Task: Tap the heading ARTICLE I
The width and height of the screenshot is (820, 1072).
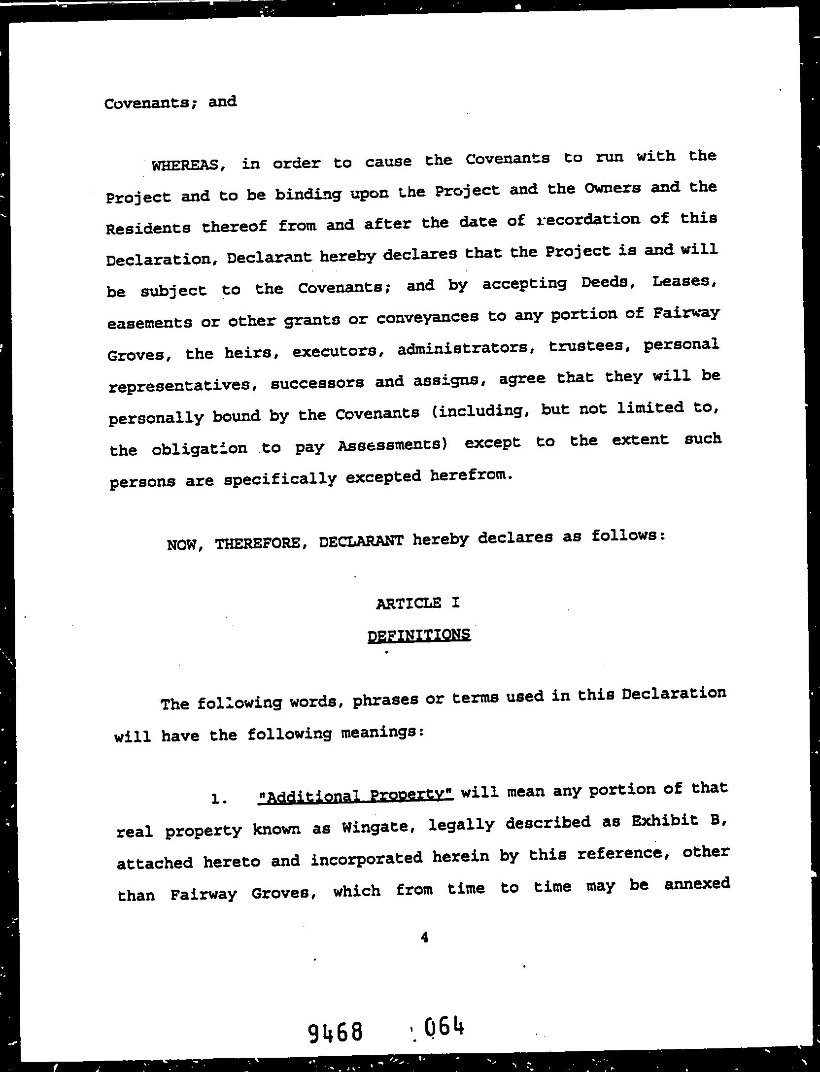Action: click(418, 603)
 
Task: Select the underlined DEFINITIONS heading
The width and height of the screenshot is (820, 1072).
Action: click(419, 635)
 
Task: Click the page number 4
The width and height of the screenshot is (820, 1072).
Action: click(424, 938)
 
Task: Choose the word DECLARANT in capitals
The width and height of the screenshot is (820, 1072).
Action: click(361, 541)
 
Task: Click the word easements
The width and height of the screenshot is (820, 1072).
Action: click(149, 323)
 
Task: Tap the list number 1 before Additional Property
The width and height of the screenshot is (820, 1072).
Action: click(217, 799)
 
